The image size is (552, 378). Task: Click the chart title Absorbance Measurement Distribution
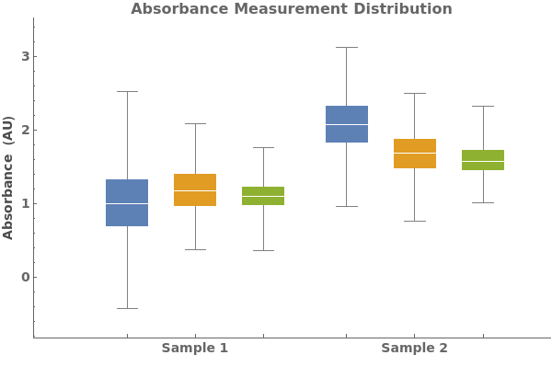(x=291, y=9)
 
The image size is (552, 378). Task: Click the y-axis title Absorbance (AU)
(x=9, y=178)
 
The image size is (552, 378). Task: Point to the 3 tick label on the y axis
(x=26, y=56)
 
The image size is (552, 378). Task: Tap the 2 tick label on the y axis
(x=26, y=130)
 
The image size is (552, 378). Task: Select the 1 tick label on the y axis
(x=26, y=203)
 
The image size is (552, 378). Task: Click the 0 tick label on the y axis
(x=26, y=277)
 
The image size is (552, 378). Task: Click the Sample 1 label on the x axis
(x=194, y=349)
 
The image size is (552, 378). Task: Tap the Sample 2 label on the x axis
(x=414, y=349)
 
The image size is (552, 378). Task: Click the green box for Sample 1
(x=263, y=196)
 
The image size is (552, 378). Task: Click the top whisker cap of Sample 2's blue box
(x=346, y=47)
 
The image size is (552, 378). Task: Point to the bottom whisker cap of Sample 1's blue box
(x=127, y=308)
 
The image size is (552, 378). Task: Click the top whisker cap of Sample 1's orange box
(x=195, y=123)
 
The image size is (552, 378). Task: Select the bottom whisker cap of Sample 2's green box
(x=483, y=202)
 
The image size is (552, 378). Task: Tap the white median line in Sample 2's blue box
(x=346, y=124)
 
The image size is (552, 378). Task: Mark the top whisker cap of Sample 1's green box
(x=263, y=147)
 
